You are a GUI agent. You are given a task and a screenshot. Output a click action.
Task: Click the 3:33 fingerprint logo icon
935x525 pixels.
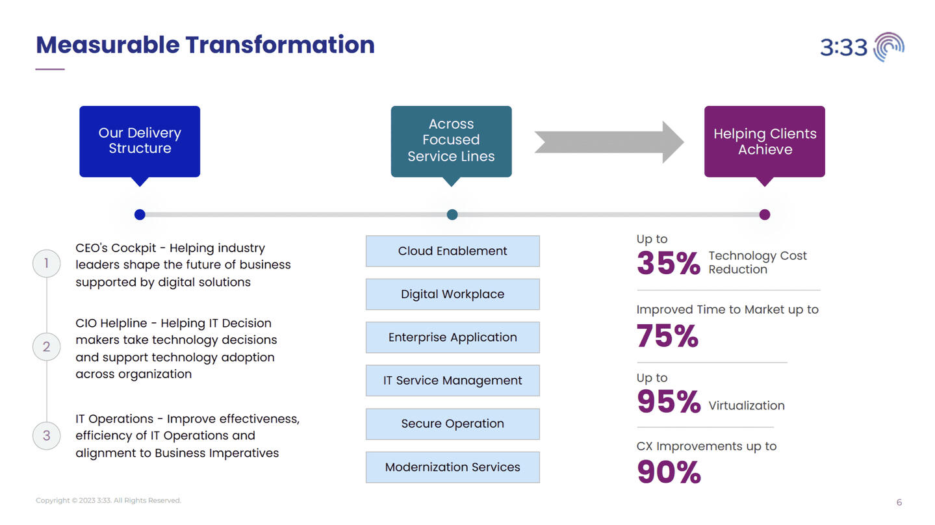coord(890,47)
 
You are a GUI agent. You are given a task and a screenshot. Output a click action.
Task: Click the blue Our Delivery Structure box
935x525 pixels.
coord(140,142)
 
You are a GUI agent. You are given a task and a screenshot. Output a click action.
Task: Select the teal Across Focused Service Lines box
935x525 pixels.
coord(451,142)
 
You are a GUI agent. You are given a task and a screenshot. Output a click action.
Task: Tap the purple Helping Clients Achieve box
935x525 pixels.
coord(765,142)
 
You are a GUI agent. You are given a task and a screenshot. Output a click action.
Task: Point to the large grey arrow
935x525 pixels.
coord(609,142)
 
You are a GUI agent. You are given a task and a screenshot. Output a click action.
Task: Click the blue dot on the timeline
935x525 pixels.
coord(140,214)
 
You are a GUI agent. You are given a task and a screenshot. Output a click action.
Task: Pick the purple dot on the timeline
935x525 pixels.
coord(765,214)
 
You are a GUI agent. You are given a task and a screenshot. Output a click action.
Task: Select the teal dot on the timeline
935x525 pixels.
coord(452,214)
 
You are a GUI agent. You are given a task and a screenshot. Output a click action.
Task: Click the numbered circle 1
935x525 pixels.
coord(46,263)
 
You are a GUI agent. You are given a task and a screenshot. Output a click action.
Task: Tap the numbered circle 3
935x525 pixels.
coord(46,436)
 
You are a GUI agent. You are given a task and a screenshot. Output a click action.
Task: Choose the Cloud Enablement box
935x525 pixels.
coord(452,251)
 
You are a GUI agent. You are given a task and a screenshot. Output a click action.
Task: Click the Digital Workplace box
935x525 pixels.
coord(452,294)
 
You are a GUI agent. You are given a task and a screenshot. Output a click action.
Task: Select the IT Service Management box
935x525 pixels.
coord(452,381)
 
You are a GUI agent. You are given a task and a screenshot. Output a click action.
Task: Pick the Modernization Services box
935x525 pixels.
coord(452,467)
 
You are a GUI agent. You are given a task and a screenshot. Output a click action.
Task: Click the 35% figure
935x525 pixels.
coord(669,263)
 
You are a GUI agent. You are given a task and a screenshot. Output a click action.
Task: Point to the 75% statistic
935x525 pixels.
coord(667,336)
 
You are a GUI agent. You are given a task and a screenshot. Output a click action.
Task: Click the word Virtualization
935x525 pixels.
coord(747,405)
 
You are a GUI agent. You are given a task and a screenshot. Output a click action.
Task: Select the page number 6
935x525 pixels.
coord(899,502)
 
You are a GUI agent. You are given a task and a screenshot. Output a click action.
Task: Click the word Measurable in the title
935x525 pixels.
coord(108,45)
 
